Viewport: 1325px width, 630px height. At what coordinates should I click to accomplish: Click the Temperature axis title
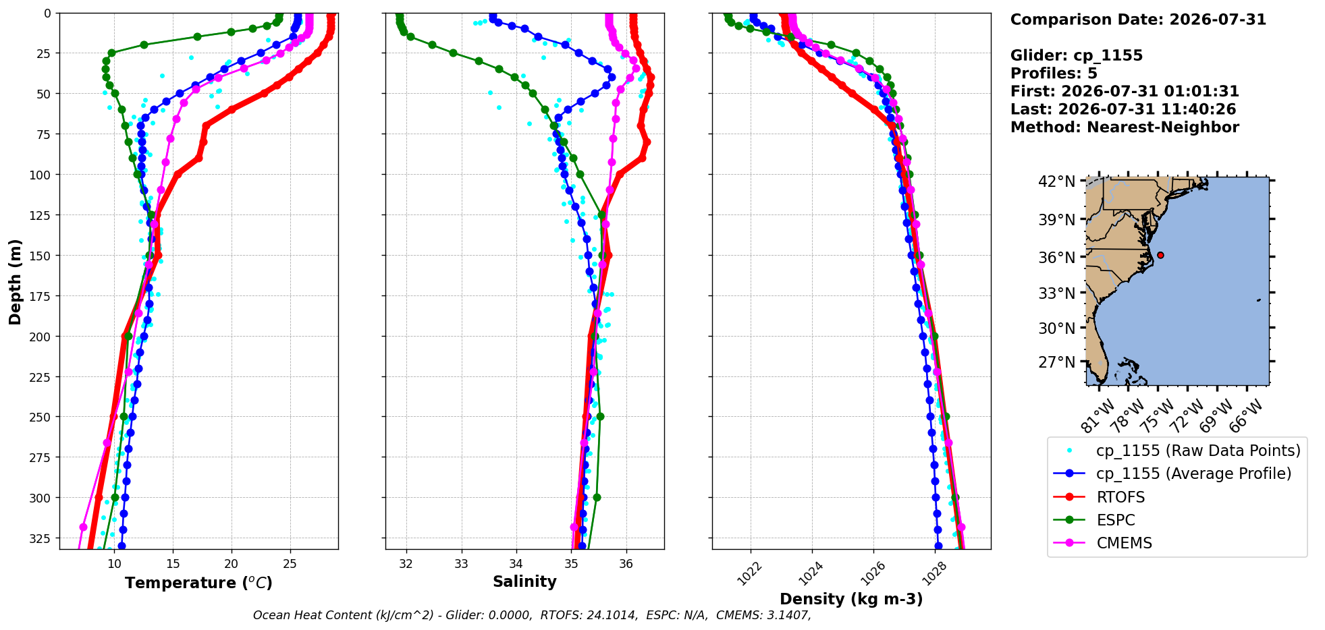pos(198,583)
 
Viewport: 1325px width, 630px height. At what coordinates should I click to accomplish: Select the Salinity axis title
pos(524,582)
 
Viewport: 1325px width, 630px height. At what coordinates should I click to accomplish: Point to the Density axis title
pos(851,599)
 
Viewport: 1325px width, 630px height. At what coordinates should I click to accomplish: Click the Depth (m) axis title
pos(16,281)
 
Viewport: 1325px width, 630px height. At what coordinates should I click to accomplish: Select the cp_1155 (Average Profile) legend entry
pos(1172,474)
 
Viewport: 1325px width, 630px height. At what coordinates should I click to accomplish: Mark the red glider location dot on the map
pos(1160,255)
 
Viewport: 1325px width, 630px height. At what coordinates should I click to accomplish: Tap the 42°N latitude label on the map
pos(1056,181)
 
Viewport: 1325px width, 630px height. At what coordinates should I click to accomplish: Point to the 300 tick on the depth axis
pos(41,498)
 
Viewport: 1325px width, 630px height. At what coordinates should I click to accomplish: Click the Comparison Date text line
pos(1138,20)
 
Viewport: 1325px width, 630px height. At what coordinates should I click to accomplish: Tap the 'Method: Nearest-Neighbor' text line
pos(1125,127)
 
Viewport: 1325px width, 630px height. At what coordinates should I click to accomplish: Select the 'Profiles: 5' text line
pos(1054,74)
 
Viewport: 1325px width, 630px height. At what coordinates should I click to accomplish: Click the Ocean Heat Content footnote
pos(532,615)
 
